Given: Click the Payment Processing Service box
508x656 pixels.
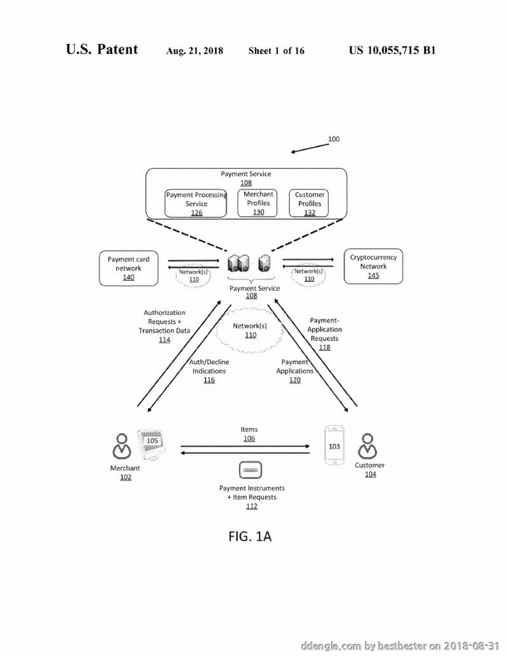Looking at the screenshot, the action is pyautogui.click(x=196, y=204).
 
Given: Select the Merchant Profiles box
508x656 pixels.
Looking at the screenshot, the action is pyautogui.click(x=257, y=203).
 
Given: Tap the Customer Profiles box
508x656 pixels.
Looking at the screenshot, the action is pyautogui.click(x=308, y=204).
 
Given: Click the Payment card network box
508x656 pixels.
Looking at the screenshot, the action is pyautogui.click(x=128, y=268).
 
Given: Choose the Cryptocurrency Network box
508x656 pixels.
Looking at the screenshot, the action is pyautogui.click(x=373, y=267).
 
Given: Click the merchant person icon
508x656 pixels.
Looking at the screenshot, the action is pyautogui.click(x=121, y=446).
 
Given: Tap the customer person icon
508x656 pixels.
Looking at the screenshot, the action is pyautogui.click(x=367, y=446).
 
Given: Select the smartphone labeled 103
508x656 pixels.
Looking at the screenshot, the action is pyautogui.click(x=334, y=445).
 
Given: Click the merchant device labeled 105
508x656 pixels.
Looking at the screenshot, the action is pyautogui.click(x=152, y=444).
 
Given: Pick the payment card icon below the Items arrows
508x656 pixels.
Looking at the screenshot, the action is pyautogui.click(x=251, y=470).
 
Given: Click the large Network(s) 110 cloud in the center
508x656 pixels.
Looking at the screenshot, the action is pyautogui.click(x=250, y=330).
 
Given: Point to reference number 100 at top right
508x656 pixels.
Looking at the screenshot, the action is pyautogui.click(x=334, y=139).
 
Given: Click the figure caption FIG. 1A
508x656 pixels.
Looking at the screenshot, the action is pyautogui.click(x=250, y=536).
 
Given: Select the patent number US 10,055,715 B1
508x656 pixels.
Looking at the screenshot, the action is pyautogui.click(x=392, y=50).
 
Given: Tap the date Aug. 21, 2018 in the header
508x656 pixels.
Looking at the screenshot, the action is pyautogui.click(x=195, y=51).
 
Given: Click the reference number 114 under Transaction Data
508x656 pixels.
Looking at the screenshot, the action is pyautogui.click(x=164, y=340).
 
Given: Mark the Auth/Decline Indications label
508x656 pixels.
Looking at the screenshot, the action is pyautogui.click(x=209, y=366).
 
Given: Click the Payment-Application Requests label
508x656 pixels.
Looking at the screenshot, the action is pyautogui.click(x=324, y=329).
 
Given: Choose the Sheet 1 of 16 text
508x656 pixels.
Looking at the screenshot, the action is pyautogui.click(x=277, y=51).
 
